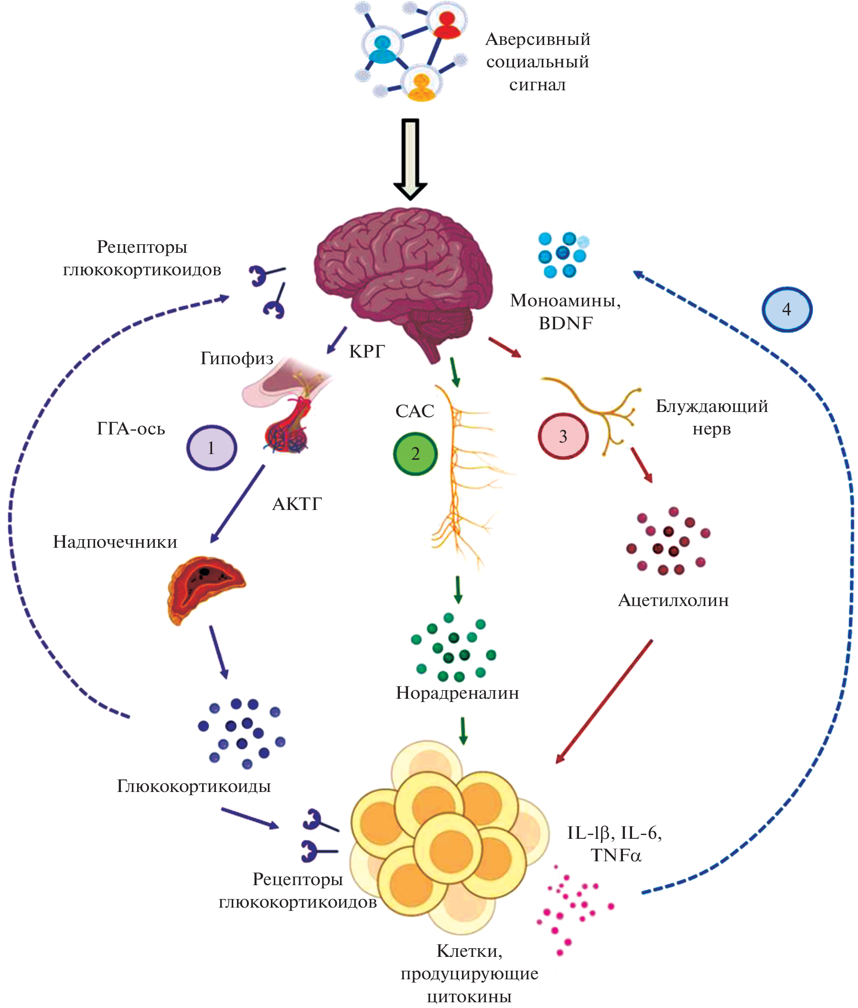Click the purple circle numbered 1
point(212,447)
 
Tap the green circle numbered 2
point(415,454)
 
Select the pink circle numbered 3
point(563,436)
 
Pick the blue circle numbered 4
point(786,309)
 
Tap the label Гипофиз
point(237,358)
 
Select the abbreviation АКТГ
point(297,504)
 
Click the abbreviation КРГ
point(367,351)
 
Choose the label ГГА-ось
point(131,429)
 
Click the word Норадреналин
point(457,693)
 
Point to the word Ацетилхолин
point(673,600)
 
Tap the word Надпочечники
point(115,542)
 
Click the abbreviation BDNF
point(566,323)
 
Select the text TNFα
point(616,855)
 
